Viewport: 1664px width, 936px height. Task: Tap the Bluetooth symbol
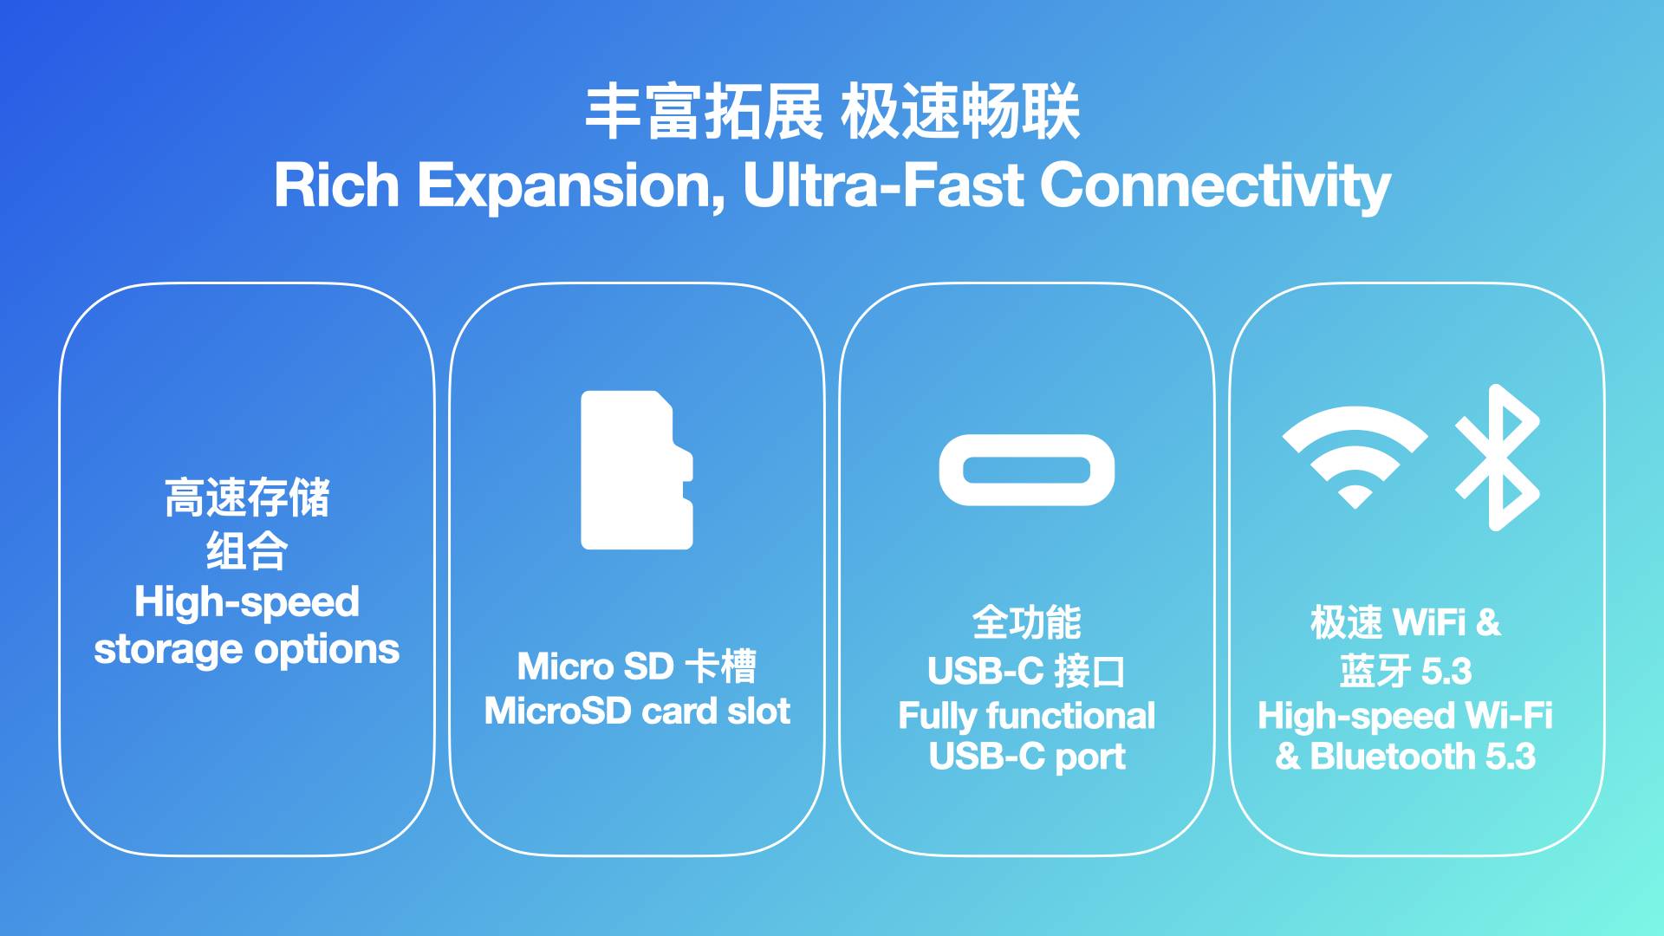1497,457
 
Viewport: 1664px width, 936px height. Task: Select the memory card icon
636,470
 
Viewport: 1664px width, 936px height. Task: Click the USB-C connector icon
1026,470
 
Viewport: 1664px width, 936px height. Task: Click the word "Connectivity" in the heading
1215,186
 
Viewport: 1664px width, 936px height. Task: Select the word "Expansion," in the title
572,187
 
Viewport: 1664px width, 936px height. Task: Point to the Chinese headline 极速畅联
960,112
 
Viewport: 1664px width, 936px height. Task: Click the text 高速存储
247,497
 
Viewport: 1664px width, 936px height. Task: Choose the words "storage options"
247,650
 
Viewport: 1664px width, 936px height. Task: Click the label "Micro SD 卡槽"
637,666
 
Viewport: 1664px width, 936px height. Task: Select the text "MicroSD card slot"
637,712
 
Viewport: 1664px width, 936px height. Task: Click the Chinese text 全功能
1027,622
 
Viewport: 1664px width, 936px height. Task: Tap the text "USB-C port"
1027,757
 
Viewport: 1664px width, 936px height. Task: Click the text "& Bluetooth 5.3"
1406,757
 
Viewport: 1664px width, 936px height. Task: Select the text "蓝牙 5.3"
1406,671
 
